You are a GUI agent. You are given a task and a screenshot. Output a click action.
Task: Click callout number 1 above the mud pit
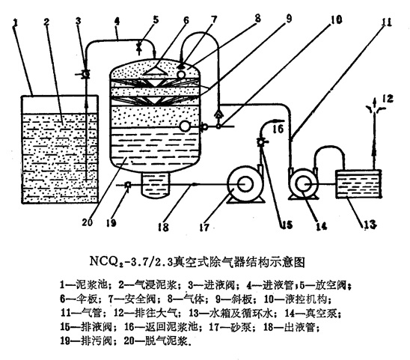[x=15, y=23]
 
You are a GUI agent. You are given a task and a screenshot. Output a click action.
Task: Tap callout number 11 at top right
[x=387, y=22]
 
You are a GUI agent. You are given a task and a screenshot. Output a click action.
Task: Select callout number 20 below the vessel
[x=87, y=222]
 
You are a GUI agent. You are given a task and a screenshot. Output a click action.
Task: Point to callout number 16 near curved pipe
[x=278, y=129]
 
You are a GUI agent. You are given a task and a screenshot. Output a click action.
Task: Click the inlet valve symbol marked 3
[x=85, y=75]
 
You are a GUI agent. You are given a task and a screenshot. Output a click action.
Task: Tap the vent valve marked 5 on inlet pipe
[x=139, y=48]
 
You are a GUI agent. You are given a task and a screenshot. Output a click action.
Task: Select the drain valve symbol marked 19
[x=128, y=185]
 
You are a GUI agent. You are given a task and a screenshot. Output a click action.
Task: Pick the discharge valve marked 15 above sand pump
[x=261, y=142]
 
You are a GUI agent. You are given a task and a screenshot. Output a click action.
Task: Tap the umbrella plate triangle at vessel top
[x=156, y=71]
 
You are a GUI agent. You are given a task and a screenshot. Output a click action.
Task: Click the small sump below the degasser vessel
[x=155, y=185]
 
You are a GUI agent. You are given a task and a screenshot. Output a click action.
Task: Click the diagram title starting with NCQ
[x=198, y=262]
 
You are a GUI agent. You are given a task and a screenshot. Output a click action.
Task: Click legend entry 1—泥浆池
[x=84, y=284]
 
